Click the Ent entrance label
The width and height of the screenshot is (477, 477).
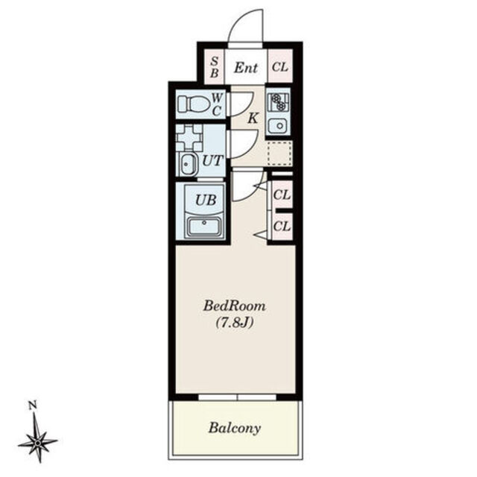[x=246, y=68]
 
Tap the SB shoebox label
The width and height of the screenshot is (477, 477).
[x=215, y=67]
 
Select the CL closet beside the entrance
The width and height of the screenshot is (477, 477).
[x=280, y=66]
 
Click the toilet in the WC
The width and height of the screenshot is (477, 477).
[x=194, y=104]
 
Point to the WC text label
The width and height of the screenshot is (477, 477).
[x=217, y=104]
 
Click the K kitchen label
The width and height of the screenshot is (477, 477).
[x=253, y=119]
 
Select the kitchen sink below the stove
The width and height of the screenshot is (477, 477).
[x=278, y=126]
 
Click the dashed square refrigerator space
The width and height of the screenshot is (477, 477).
[x=279, y=153]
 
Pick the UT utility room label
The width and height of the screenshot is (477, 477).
[x=212, y=161]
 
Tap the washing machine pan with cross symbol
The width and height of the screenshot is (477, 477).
[x=189, y=137]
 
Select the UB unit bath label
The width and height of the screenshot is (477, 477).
[x=206, y=200]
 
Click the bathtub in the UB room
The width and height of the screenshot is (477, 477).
[x=204, y=227]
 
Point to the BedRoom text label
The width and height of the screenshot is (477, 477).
[x=234, y=306]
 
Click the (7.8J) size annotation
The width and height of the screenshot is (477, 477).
[x=235, y=323]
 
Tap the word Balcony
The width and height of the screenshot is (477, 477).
[x=235, y=429]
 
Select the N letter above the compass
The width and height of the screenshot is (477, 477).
[x=33, y=405]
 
